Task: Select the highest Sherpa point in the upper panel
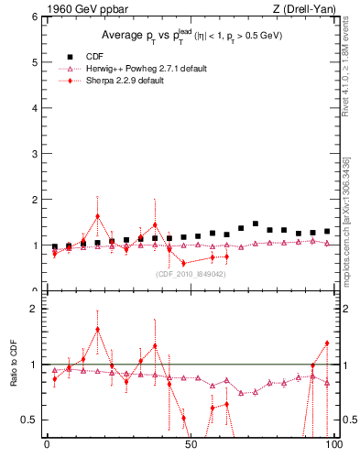[97, 217]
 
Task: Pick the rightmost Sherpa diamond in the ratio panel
[327, 344]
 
